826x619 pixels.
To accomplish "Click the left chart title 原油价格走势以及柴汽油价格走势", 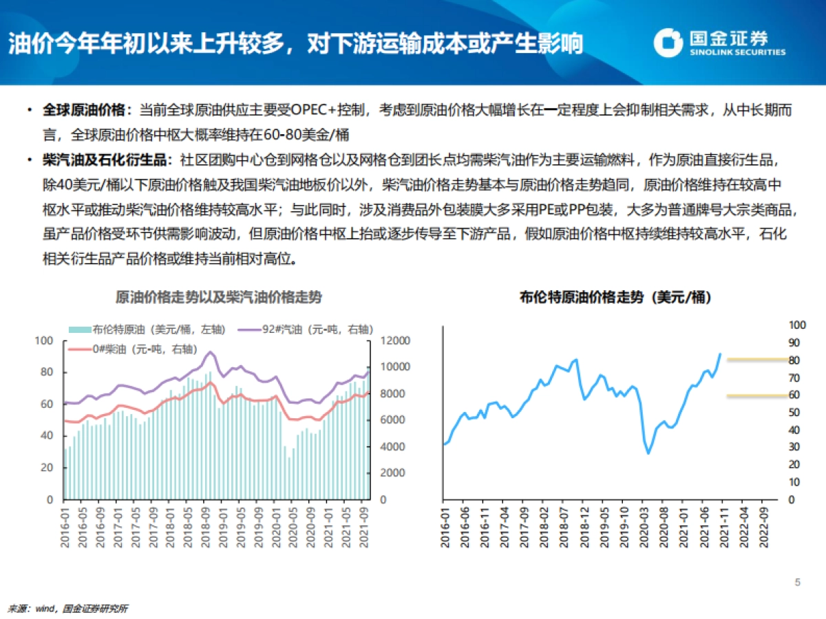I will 218,297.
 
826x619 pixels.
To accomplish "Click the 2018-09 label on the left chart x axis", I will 205,527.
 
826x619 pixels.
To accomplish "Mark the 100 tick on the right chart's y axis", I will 796,325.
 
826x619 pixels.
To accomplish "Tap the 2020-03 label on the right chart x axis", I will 646,527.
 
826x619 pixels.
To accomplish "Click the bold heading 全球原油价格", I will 85,110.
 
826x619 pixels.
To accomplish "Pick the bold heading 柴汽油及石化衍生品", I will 105,161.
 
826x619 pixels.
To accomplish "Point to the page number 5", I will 798,583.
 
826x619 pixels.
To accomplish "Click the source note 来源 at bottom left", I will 21,608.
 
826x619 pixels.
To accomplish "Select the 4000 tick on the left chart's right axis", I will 391,447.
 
